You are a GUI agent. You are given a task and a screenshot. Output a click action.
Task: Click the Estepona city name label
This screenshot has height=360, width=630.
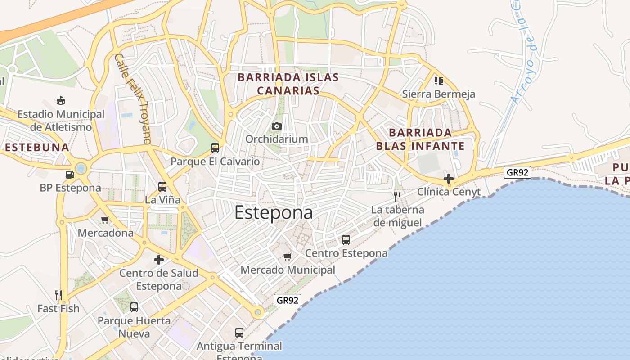coord(274,212)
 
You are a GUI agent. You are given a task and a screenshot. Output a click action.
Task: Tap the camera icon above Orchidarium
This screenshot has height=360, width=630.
coord(277,126)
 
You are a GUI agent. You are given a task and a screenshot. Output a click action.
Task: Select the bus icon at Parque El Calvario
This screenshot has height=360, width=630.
coord(215,148)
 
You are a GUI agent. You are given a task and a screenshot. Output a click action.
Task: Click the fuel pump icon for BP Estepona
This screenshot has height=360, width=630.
coord(70,175)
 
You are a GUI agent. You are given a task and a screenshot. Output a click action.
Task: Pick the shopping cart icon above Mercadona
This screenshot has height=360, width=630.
coord(105,220)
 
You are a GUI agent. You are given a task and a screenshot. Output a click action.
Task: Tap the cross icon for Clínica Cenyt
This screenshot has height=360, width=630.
coord(448,179)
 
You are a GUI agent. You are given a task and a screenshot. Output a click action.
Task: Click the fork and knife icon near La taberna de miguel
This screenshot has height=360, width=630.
coord(397,196)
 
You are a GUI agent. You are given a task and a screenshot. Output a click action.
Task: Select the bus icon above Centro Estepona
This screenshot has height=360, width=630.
coord(346,240)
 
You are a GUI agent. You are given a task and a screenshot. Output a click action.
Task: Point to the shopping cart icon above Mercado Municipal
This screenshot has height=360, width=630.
coord(288,256)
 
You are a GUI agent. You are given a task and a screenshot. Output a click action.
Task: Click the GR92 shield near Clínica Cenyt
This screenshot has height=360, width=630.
coord(517,172)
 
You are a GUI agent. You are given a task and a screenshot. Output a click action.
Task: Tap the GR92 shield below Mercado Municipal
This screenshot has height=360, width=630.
coord(288,300)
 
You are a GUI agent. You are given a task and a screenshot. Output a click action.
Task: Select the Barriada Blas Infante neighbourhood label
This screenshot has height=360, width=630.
coord(420,139)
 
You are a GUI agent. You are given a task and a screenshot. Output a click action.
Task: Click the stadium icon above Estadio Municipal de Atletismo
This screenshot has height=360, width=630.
coord(61,101)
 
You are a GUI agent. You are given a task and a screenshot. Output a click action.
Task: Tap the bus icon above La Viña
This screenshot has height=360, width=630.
coord(162,186)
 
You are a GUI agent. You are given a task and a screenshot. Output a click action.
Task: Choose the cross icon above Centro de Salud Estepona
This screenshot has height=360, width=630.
coord(159,260)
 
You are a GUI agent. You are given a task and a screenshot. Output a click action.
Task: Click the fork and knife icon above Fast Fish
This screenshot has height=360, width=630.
coord(58,295)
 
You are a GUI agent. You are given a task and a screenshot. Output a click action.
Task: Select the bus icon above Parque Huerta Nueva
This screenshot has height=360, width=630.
coord(134,307)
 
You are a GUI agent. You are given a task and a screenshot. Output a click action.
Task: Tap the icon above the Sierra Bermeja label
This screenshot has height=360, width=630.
coord(439,81)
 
